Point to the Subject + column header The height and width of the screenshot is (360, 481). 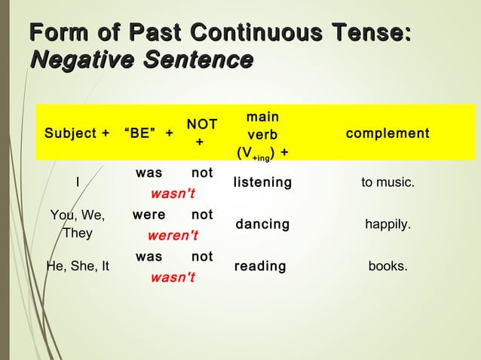(x=76, y=134)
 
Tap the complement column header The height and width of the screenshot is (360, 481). (x=387, y=134)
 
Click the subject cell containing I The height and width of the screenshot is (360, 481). (x=78, y=182)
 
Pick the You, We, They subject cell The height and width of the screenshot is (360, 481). (x=78, y=224)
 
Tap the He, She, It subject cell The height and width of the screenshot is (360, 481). (x=78, y=265)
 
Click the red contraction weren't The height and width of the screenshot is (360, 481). (x=173, y=235)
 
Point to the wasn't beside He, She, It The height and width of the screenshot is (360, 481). (x=173, y=277)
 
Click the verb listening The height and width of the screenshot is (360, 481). (x=262, y=183)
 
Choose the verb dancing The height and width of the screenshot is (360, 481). (x=262, y=224)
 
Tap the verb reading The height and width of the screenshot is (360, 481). (x=260, y=267)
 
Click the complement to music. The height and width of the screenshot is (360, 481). (x=388, y=183)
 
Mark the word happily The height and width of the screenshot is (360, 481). (x=388, y=224)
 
